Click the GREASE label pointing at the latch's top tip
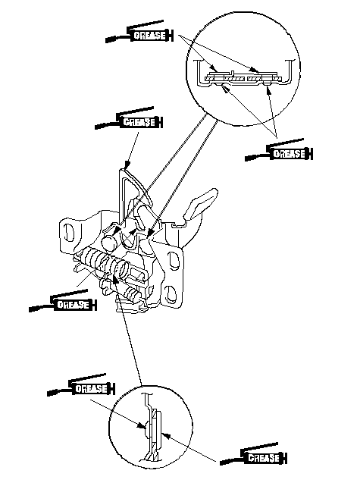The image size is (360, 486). click(x=139, y=122)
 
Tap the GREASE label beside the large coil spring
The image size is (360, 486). click(x=73, y=305)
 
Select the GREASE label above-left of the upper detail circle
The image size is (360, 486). click(x=149, y=36)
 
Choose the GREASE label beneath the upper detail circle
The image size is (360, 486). click(x=290, y=154)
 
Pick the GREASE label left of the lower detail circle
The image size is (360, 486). click(x=92, y=389)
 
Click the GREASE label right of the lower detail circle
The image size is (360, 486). click(x=264, y=458)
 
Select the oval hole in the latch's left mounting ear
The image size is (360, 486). click(x=69, y=231)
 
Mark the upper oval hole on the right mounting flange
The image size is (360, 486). click(x=173, y=260)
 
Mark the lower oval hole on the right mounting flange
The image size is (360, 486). click(x=170, y=293)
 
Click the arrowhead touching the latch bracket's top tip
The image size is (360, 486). click(x=127, y=165)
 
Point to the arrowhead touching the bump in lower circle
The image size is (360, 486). click(x=142, y=425)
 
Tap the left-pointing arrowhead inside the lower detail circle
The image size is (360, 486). click(x=166, y=436)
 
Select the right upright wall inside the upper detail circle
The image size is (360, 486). click(x=290, y=70)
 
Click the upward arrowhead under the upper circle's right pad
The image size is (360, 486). click(x=268, y=89)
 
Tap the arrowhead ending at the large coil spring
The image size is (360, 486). click(x=115, y=280)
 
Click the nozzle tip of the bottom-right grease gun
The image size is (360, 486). click(x=221, y=463)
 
